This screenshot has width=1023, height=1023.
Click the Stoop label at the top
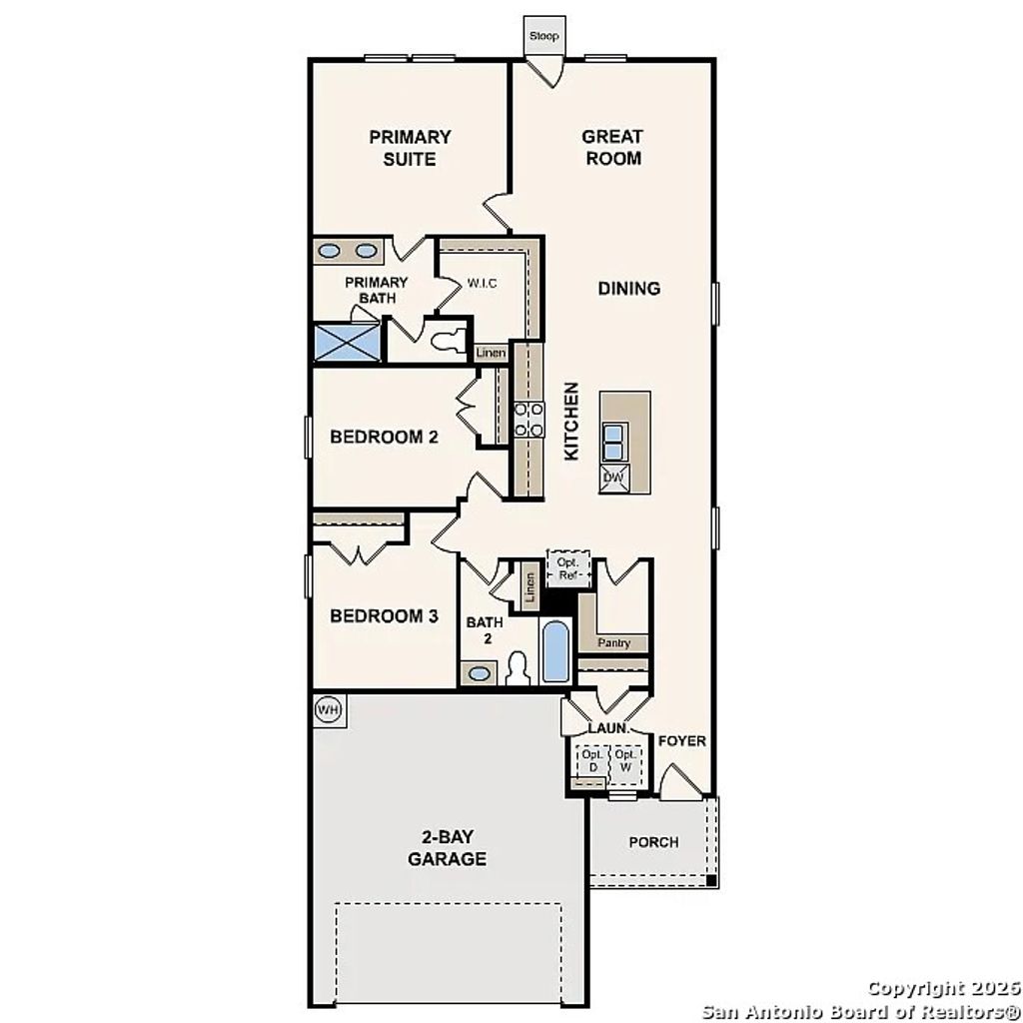[544, 37]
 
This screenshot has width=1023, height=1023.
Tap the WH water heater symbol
[328, 709]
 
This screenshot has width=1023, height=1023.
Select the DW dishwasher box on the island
[613, 479]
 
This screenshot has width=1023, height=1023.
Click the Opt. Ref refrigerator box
[568, 568]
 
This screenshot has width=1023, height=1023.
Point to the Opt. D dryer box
[591, 761]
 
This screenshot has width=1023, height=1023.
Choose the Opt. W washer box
[625, 761]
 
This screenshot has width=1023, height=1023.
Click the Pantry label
[613, 642]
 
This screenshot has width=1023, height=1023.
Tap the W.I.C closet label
[482, 284]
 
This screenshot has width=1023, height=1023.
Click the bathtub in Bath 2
[555, 649]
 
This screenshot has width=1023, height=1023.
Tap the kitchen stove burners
[528, 420]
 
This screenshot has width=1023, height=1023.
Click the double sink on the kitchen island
[613, 440]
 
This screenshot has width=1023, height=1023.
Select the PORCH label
[653, 842]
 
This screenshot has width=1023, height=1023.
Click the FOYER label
[682, 741]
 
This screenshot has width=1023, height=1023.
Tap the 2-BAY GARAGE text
[447, 849]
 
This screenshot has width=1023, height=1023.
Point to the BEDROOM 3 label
[384, 616]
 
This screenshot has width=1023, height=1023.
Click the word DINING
[629, 289]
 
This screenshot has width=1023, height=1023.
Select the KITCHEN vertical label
[571, 421]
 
